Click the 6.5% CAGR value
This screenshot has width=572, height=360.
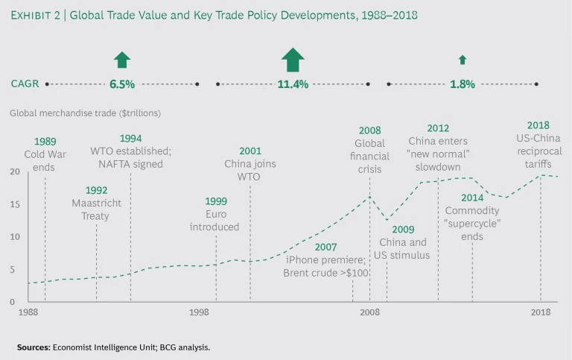point(122,84)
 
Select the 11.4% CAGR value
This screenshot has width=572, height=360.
point(293,84)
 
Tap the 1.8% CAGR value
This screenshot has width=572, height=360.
point(463,84)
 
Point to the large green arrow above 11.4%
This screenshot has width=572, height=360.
point(293,60)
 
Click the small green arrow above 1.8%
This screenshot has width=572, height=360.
point(463,60)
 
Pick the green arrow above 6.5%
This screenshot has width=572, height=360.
point(122,60)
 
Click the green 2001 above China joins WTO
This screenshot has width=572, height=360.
point(250,151)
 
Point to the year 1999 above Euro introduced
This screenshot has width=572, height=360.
point(215,201)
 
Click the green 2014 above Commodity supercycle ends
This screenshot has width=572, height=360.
point(472,198)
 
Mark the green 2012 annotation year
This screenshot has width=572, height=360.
point(438,128)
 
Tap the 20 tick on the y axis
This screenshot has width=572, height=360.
point(14,171)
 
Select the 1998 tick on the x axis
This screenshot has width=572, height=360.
point(199,312)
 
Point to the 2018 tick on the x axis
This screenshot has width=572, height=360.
point(540,312)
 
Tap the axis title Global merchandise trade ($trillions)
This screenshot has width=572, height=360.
point(85,114)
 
